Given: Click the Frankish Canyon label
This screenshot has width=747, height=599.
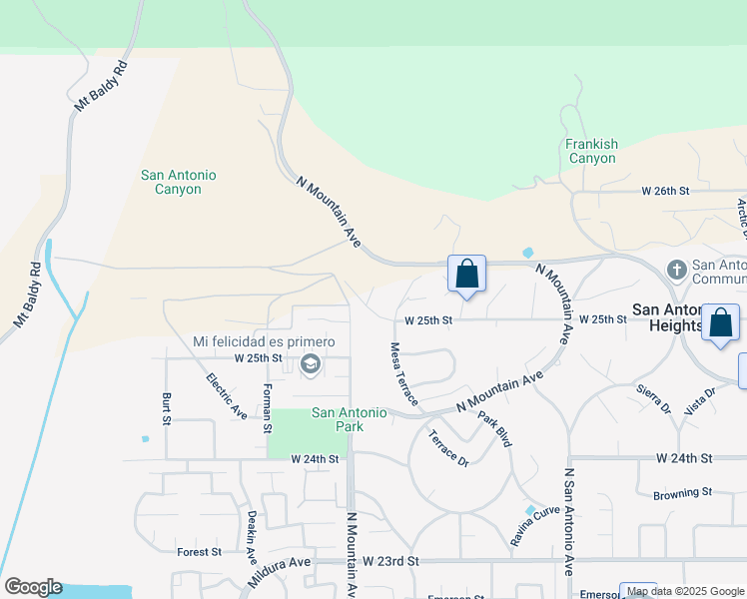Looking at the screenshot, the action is (x=592, y=151).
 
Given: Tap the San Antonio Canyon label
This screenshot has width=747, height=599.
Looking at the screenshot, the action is (x=179, y=182).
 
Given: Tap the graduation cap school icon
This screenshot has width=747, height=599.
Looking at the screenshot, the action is (x=310, y=364).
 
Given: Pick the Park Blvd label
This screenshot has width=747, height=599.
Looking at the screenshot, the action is (x=494, y=428).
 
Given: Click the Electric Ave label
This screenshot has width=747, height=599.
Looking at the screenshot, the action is (x=227, y=395).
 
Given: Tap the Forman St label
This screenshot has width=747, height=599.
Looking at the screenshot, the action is (x=268, y=408).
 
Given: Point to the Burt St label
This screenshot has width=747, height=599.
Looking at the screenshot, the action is (x=167, y=408).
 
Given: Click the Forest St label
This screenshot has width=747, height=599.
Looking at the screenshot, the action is (x=199, y=551).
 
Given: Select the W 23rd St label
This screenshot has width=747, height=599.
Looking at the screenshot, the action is (x=390, y=562).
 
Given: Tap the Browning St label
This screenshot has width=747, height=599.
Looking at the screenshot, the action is (x=682, y=492).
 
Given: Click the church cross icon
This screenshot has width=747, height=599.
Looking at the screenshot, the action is (x=676, y=270).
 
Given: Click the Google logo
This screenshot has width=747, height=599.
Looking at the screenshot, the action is (x=33, y=587).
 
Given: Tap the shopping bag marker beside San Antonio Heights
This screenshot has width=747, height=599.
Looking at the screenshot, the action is (x=720, y=323).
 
